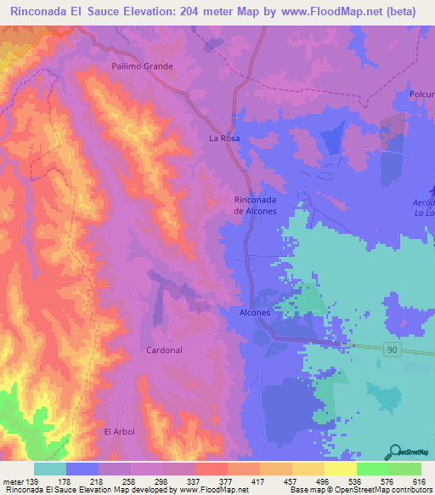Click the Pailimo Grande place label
point(142,66)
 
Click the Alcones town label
point(250,313)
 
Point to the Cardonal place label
point(164,350)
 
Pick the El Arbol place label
point(120,432)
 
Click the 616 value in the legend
point(419,481)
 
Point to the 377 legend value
point(210,481)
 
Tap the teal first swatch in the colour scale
point(49,468)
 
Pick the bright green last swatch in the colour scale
point(405,468)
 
